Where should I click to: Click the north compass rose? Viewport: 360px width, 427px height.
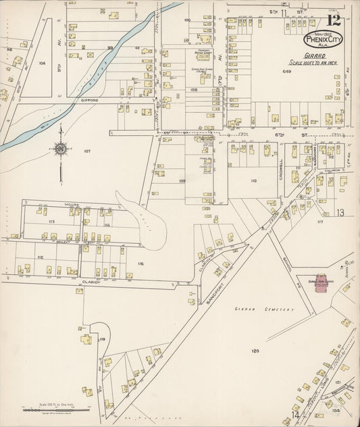(60, 149)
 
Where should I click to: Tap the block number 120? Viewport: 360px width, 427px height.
(255, 351)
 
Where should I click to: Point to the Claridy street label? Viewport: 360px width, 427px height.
(91, 282)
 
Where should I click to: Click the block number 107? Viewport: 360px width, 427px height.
(86, 151)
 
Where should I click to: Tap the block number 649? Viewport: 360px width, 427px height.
(286, 71)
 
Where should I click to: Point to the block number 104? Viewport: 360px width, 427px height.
(42, 62)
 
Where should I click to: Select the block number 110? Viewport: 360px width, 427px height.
(253, 181)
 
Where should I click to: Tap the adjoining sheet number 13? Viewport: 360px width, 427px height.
(340, 212)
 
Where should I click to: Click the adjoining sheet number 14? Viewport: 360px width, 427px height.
(294, 414)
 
